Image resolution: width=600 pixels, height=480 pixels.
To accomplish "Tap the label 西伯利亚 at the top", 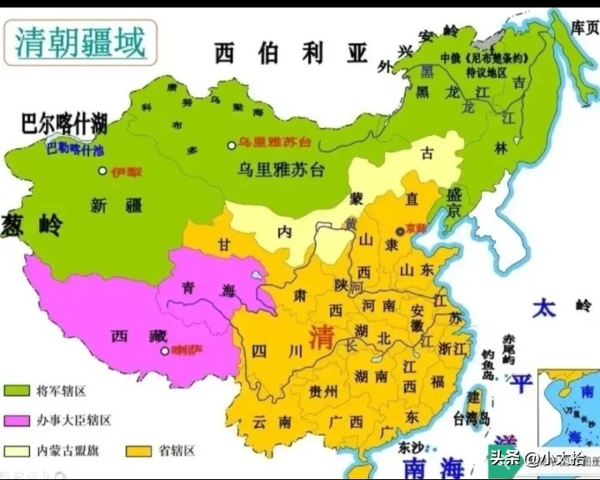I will coord(291,53).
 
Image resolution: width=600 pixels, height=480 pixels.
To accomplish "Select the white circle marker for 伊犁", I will coord(102,171).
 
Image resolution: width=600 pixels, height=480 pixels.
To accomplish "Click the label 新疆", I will coord(110,206).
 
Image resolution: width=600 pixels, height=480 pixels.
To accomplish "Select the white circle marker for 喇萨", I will coord(164,350).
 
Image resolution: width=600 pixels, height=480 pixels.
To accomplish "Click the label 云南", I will coord(272,422).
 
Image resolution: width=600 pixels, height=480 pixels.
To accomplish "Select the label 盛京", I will coord(454,201).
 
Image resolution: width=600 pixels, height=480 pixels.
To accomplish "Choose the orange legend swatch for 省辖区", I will coord(138,451).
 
